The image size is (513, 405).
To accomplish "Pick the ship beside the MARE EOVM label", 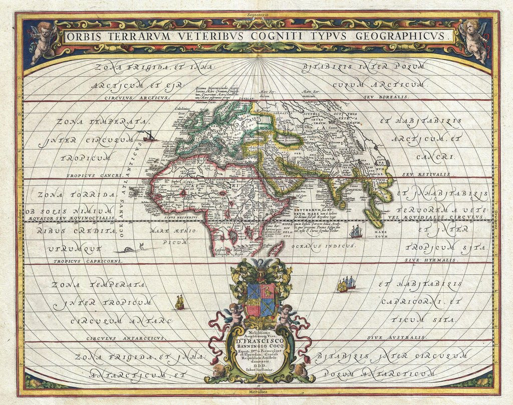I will [356, 232].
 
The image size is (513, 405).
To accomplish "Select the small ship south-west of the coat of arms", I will [179, 302].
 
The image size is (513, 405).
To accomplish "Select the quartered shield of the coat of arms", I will [260, 298].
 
